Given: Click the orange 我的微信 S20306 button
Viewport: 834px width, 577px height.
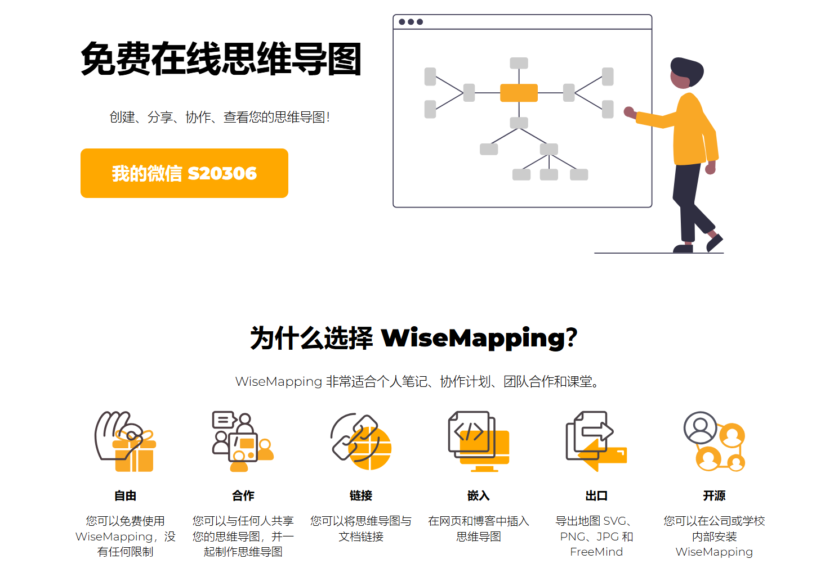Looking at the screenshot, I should point(184,173).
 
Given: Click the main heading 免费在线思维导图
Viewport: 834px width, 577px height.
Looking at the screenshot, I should point(221,59).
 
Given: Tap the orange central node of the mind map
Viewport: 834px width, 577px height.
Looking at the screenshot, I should point(519,93).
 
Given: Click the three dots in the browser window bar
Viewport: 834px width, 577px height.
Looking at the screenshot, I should point(411,22).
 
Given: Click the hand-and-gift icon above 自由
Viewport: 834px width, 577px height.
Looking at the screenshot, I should point(125,442).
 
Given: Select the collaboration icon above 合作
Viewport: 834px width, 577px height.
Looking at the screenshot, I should point(243,442).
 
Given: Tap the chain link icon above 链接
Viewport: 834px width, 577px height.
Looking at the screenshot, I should point(361,442).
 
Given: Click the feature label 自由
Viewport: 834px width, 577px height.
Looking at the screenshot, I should point(125,495).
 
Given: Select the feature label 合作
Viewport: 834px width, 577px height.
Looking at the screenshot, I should point(243,495).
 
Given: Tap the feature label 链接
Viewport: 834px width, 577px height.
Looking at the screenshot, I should point(361,495).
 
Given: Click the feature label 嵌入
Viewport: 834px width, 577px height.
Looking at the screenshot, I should point(479,495).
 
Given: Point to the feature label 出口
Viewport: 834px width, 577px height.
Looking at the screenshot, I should point(596,495).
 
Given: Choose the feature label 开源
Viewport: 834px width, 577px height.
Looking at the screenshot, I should point(714,495).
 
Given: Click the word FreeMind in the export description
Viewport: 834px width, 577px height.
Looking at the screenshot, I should point(596,552).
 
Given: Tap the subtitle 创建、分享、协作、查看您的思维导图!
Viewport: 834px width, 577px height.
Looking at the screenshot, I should point(220,117).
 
